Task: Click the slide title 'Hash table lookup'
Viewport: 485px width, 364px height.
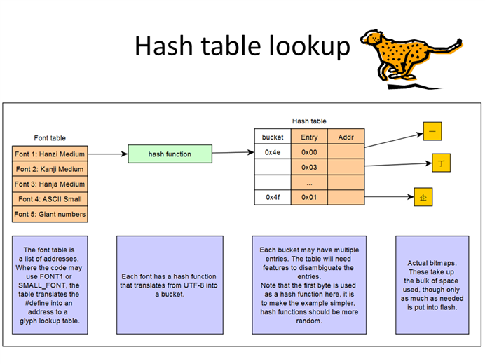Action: (242, 46)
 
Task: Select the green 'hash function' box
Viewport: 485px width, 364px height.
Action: (170, 154)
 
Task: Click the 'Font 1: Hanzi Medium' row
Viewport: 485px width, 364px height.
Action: (50, 154)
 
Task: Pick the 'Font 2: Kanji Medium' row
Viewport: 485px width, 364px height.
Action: (50, 169)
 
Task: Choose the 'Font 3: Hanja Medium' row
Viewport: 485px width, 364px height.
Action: (50, 184)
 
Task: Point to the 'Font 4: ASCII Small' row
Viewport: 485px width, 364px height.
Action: (50, 198)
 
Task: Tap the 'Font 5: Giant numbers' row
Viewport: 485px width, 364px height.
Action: (50, 214)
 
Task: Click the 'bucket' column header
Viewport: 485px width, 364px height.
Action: (273, 137)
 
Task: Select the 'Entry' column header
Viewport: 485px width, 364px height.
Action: (309, 137)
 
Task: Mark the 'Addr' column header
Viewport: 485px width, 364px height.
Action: (346, 137)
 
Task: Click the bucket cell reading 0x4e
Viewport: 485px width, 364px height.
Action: (273, 151)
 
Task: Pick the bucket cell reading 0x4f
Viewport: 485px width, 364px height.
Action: (273, 197)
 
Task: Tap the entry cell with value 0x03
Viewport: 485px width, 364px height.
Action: (309, 167)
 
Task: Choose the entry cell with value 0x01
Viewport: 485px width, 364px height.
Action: (309, 197)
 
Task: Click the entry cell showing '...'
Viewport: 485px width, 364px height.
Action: (309, 182)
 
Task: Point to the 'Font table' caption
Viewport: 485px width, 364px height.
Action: (50, 138)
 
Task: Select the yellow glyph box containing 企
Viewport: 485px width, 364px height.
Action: (423, 197)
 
